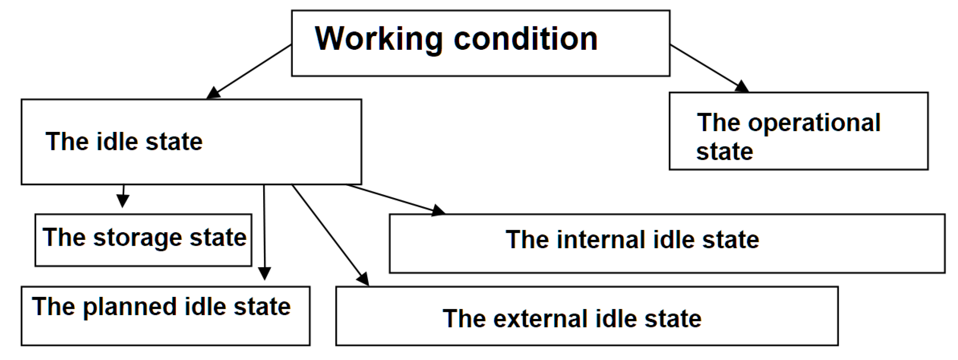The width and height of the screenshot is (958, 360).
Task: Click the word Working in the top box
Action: (378, 39)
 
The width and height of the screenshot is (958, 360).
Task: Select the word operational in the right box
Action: (814, 123)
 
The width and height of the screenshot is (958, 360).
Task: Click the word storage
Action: (137, 238)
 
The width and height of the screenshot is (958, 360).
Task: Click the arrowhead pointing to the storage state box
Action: (123, 201)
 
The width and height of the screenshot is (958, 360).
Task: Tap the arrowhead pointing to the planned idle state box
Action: (265, 273)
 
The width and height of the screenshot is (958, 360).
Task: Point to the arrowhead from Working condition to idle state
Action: (213, 93)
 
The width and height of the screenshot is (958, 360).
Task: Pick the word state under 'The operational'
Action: (724, 152)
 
